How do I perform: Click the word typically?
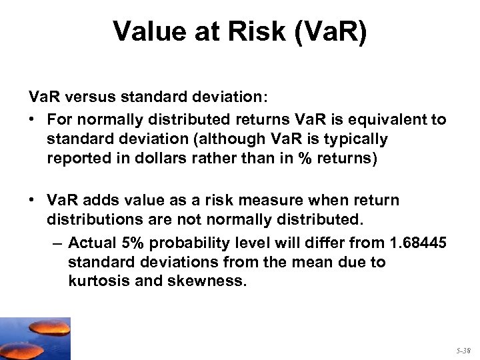coord(353,139)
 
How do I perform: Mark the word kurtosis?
coord(96,281)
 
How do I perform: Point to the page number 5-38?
coord(463,350)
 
